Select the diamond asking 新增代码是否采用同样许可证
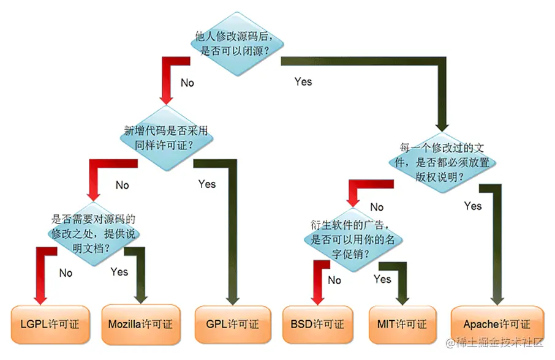tap(167, 138)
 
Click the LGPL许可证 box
tap(47, 323)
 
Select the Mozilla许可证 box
tap(140, 323)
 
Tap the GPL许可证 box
tap(232, 323)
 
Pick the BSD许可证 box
tap(317, 323)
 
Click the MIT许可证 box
tap(403, 323)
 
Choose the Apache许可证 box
tap(497, 323)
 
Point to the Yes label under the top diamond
tap(303, 81)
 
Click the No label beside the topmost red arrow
tap(187, 82)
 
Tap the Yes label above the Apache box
tap(473, 206)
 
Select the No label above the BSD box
tap(334, 280)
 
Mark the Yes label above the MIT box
tap(382, 279)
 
